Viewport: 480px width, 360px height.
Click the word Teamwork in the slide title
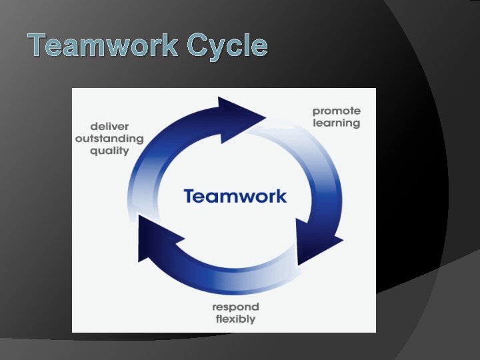coord(104,46)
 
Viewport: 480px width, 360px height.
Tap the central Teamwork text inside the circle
coord(235,196)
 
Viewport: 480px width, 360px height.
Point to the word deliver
coord(110,126)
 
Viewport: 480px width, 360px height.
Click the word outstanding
coord(109,139)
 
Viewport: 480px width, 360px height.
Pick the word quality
coord(110,151)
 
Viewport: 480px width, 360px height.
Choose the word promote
coord(336,111)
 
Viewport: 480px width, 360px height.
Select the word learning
coord(336,123)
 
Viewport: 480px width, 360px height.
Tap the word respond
coord(235,307)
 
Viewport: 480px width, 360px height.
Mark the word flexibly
coord(235,319)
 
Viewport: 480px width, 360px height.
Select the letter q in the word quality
coord(95,152)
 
